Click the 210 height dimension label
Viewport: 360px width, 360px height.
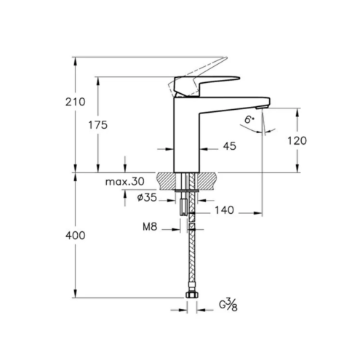(x=76, y=102)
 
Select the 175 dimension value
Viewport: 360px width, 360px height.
(x=97, y=125)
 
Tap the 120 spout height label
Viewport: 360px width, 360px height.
(x=297, y=140)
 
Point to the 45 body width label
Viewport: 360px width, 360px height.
(x=229, y=146)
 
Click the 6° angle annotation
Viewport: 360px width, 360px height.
(x=249, y=120)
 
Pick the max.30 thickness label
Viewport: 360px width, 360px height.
(x=125, y=181)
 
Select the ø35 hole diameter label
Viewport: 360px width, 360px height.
(x=147, y=198)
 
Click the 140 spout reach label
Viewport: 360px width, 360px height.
(x=225, y=210)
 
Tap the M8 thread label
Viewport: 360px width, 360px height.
(x=150, y=227)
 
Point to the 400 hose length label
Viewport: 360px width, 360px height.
(x=76, y=236)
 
